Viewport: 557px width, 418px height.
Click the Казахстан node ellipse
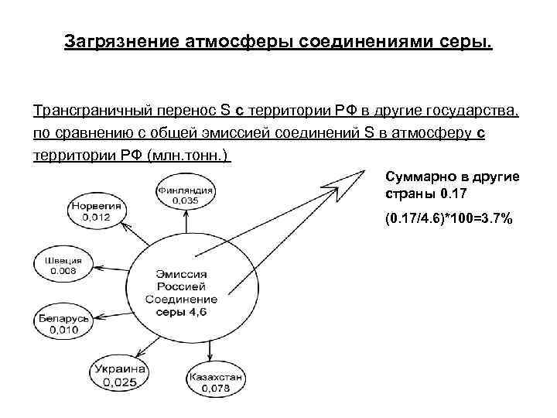[x=215, y=382]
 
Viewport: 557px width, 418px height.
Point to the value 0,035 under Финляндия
[x=185, y=200]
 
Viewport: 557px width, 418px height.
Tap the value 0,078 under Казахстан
[x=215, y=388]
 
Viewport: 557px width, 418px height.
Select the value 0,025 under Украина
[x=120, y=383]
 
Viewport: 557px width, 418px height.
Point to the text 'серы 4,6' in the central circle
[x=182, y=311]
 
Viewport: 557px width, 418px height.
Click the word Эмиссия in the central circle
[x=182, y=272]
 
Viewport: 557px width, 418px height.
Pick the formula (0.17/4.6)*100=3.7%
[x=448, y=219]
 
